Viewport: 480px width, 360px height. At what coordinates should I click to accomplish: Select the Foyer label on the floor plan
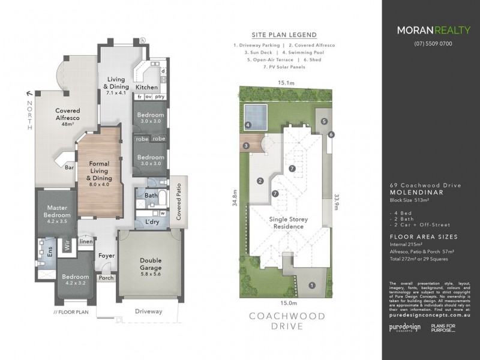[107, 256]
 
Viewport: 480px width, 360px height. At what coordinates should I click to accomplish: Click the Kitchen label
[146, 87]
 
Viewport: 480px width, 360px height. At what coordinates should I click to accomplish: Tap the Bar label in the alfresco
[70, 169]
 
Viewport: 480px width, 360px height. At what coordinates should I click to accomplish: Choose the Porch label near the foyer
[106, 278]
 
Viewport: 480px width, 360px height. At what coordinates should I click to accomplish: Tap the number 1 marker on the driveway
[311, 286]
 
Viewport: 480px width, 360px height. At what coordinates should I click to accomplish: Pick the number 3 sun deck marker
[245, 146]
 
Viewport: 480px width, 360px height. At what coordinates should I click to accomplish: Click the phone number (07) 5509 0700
[433, 43]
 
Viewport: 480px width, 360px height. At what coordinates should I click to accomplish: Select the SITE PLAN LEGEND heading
[285, 35]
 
